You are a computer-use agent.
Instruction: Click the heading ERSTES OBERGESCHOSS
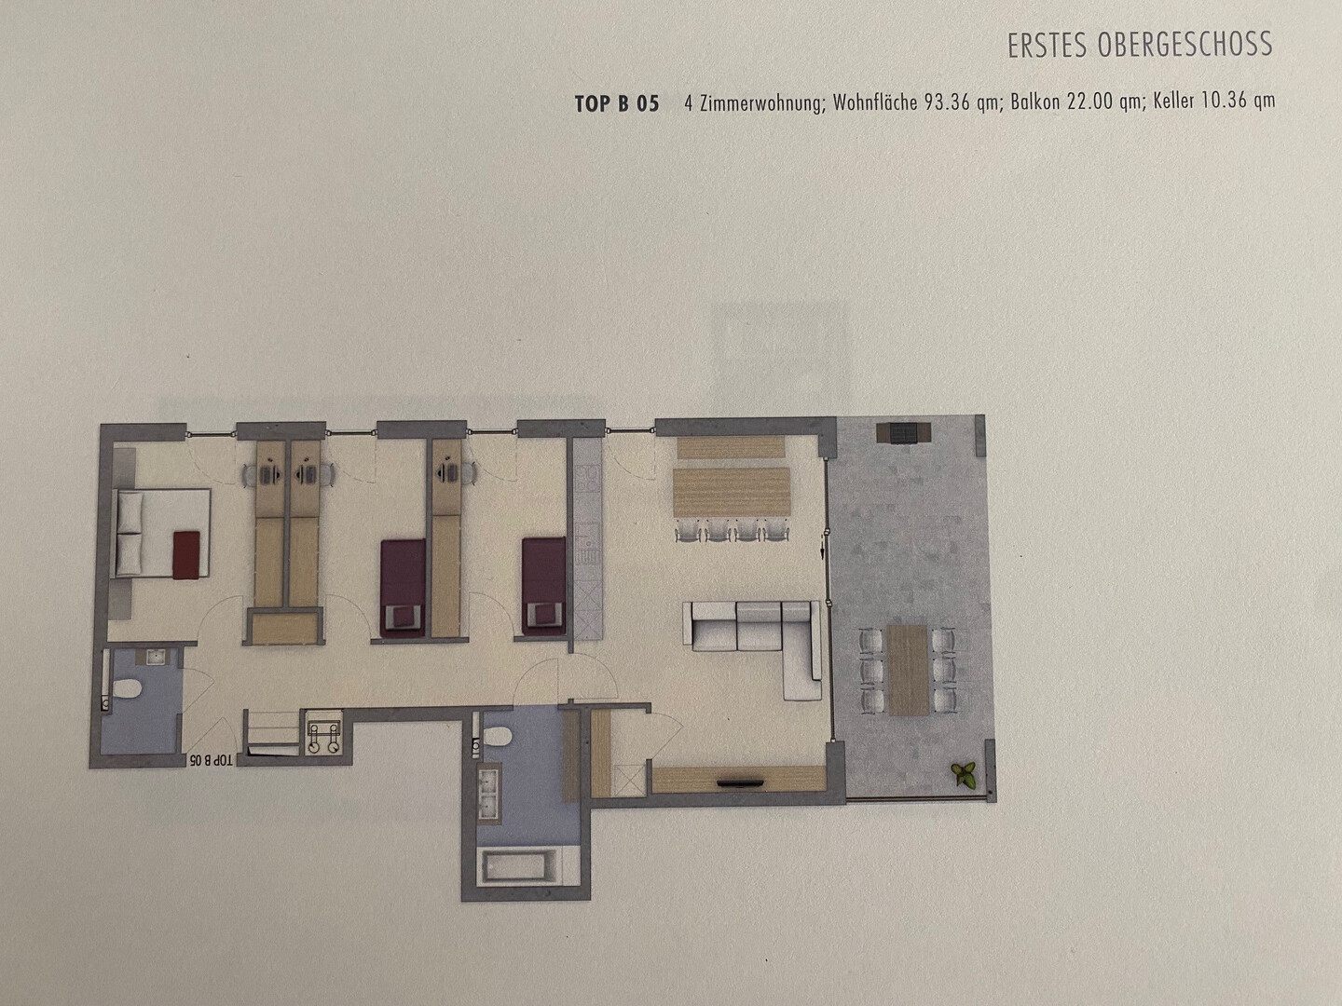coord(1140,45)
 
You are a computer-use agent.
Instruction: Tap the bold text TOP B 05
coord(617,103)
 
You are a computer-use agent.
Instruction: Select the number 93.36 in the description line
coord(947,102)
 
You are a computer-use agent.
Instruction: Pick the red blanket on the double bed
coord(185,554)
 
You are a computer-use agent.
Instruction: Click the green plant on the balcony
coord(965,775)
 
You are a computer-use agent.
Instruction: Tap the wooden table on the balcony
coord(909,670)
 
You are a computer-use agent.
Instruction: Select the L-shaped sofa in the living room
coord(754,647)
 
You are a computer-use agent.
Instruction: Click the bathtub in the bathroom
coord(521,865)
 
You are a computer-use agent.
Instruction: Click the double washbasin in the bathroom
coord(489,791)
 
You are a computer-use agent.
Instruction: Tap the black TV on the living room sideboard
coord(740,781)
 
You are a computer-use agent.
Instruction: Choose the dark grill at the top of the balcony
coord(904,432)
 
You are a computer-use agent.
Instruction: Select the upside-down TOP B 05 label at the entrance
coord(211,761)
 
